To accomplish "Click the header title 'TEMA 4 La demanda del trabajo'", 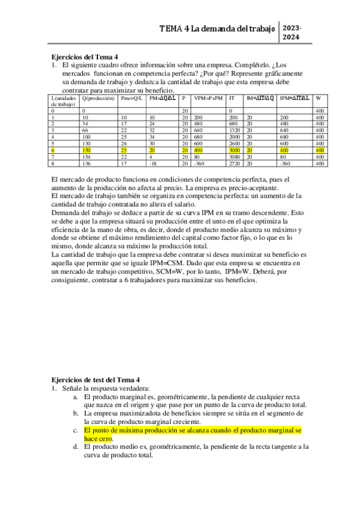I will (217, 29).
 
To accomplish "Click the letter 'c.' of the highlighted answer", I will (76, 431).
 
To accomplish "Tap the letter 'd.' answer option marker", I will (76, 447).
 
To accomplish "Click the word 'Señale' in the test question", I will (72, 389).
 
